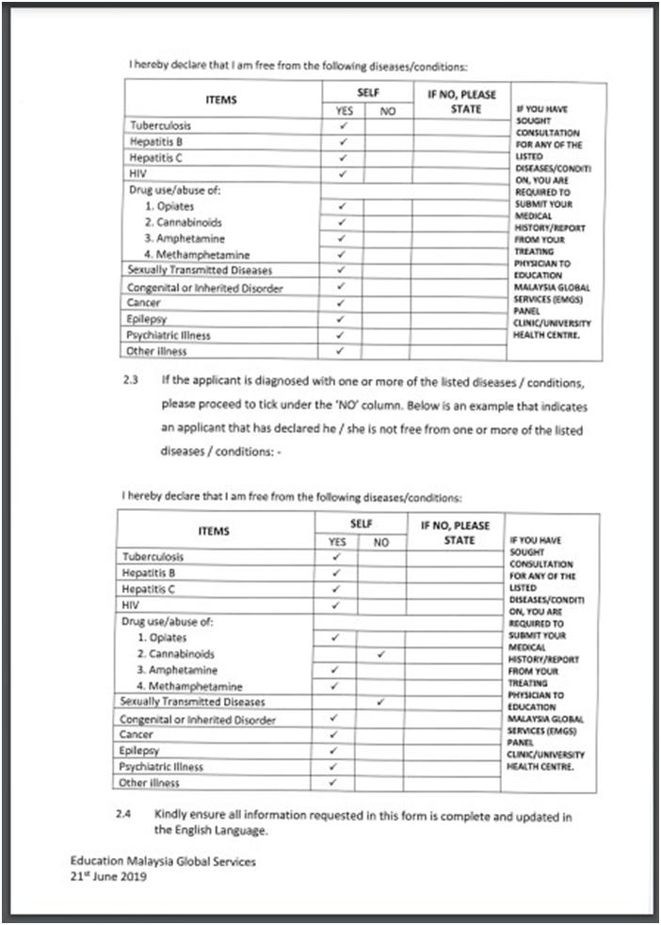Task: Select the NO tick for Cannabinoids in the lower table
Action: point(380,652)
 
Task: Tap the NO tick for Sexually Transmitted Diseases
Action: point(380,701)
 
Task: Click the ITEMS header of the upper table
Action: point(221,100)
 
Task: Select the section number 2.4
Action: point(123,816)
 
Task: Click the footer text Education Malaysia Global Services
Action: point(162,861)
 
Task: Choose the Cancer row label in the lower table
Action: point(137,734)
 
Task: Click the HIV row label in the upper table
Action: point(137,174)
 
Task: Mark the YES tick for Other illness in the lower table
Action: point(333,782)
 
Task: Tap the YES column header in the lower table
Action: point(336,542)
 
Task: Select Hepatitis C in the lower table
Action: point(149,589)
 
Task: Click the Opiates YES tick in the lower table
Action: point(335,638)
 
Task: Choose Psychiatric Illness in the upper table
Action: point(169,335)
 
